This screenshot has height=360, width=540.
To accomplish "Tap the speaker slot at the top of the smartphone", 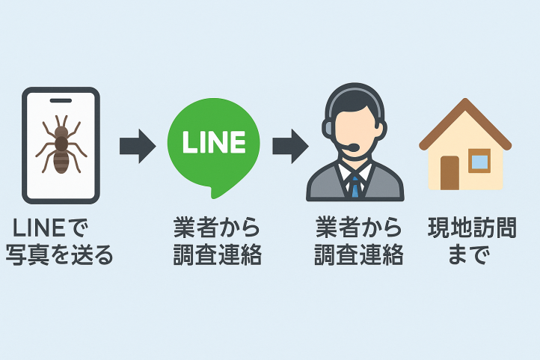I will click(x=61, y=100).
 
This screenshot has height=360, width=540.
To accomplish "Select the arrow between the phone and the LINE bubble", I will click(x=137, y=146).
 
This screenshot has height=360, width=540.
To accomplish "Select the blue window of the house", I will click(x=479, y=160).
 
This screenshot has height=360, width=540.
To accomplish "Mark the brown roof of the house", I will click(x=464, y=120).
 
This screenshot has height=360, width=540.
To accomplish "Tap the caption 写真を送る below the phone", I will click(x=60, y=256).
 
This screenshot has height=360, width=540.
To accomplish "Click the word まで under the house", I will click(x=469, y=256).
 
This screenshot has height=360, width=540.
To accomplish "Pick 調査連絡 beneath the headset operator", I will click(x=358, y=256).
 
